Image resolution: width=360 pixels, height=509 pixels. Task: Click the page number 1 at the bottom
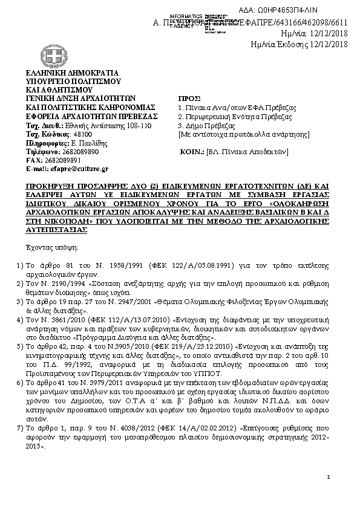pos(327,478)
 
